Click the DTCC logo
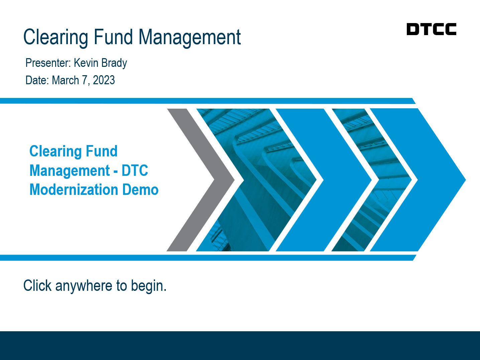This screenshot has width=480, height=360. click(431, 29)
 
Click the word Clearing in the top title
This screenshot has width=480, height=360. click(56, 37)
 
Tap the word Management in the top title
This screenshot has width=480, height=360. click(190, 37)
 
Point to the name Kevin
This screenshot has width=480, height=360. click(86, 63)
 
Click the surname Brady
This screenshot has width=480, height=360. click(114, 64)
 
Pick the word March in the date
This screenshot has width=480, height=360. click(65, 80)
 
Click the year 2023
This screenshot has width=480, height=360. click(104, 80)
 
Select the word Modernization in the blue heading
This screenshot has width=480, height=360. click(74, 190)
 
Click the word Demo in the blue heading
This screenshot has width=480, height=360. click(140, 190)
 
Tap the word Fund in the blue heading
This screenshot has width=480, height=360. click(102, 151)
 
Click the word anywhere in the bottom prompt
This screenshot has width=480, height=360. click(84, 286)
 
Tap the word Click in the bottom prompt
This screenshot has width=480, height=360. click(37, 285)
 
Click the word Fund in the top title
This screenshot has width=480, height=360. click(113, 37)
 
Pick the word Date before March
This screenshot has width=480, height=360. click(37, 80)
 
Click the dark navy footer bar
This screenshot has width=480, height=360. click(240, 346)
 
